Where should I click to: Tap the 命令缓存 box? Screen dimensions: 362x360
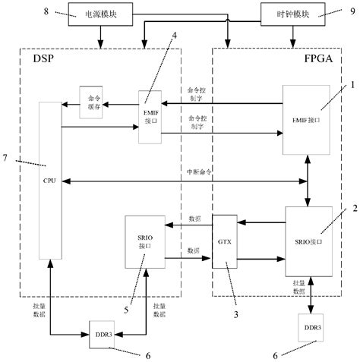(x=96, y=102)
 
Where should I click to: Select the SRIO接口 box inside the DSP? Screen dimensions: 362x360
(x=144, y=241)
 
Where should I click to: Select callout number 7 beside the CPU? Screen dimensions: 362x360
(x=6, y=157)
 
